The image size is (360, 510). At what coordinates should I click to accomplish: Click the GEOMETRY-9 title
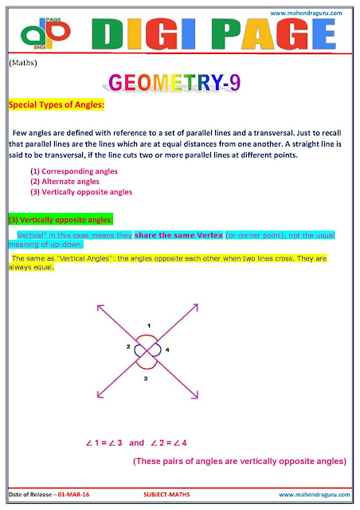pos(179,82)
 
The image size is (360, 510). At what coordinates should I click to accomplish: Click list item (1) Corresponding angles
pos(74,171)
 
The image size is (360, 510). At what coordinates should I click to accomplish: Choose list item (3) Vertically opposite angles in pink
pos(81,192)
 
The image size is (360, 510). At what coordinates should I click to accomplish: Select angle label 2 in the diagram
pos(127,347)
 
